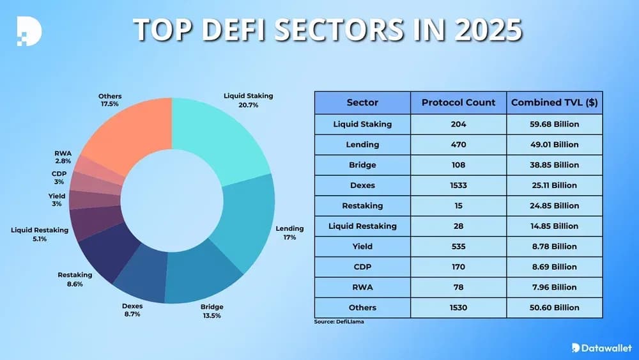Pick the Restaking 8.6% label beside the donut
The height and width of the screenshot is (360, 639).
click(75, 279)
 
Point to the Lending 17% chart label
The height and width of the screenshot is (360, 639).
click(289, 233)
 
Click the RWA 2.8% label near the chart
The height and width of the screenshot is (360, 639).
click(63, 158)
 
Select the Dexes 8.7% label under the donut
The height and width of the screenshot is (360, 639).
click(132, 310)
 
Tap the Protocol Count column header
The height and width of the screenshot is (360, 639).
click(458, 102)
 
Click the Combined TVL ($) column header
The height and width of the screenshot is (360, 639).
click(554, 102)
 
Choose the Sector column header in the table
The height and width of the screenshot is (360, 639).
click(362, 102)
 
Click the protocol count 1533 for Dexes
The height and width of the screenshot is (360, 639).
click(458, 185)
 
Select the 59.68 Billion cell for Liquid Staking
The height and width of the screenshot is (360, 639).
click(554, 124)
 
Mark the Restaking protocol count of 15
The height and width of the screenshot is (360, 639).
click(458, 206)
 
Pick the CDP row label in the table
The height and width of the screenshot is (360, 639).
click(362, 267)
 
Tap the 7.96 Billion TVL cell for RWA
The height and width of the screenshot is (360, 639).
click(554, 287)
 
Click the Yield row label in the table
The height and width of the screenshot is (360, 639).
click(362, 246)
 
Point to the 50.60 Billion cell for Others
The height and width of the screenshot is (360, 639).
click(554, 308)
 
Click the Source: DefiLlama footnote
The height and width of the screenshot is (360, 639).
click(339, 322)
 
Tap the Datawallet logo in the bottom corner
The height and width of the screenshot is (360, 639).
click(601, 348)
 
